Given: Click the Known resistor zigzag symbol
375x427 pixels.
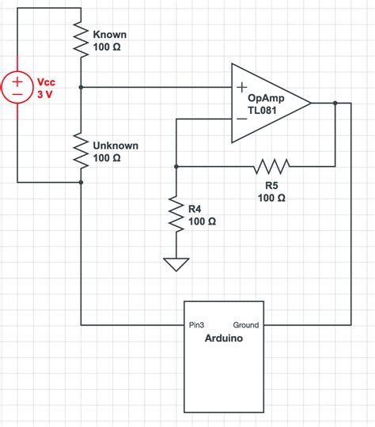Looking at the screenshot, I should pyautogui.click(x=81, y=39).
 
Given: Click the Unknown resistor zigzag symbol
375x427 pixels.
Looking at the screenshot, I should pyautogui.click(x=81, y=149).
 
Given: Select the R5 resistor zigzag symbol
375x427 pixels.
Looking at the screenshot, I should pyautogui.click(x=271, y=166).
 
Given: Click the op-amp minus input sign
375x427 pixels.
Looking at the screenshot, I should pyautogui.click(x=241, y=119).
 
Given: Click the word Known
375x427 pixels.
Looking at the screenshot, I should pyautogui.click(x=110, y=36).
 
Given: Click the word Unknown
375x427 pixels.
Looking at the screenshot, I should pyautogui.click(x=116, y=145).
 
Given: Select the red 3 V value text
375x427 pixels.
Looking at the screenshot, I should pyautogui.click(x=45, y=93).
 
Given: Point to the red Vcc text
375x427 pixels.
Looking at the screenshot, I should pyautogui.click(x=46, y=81).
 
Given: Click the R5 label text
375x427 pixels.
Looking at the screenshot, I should pyautogui.click(x=271, y=185).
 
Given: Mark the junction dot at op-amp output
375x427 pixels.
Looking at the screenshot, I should pyautogui.click(x=335, y=103).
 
